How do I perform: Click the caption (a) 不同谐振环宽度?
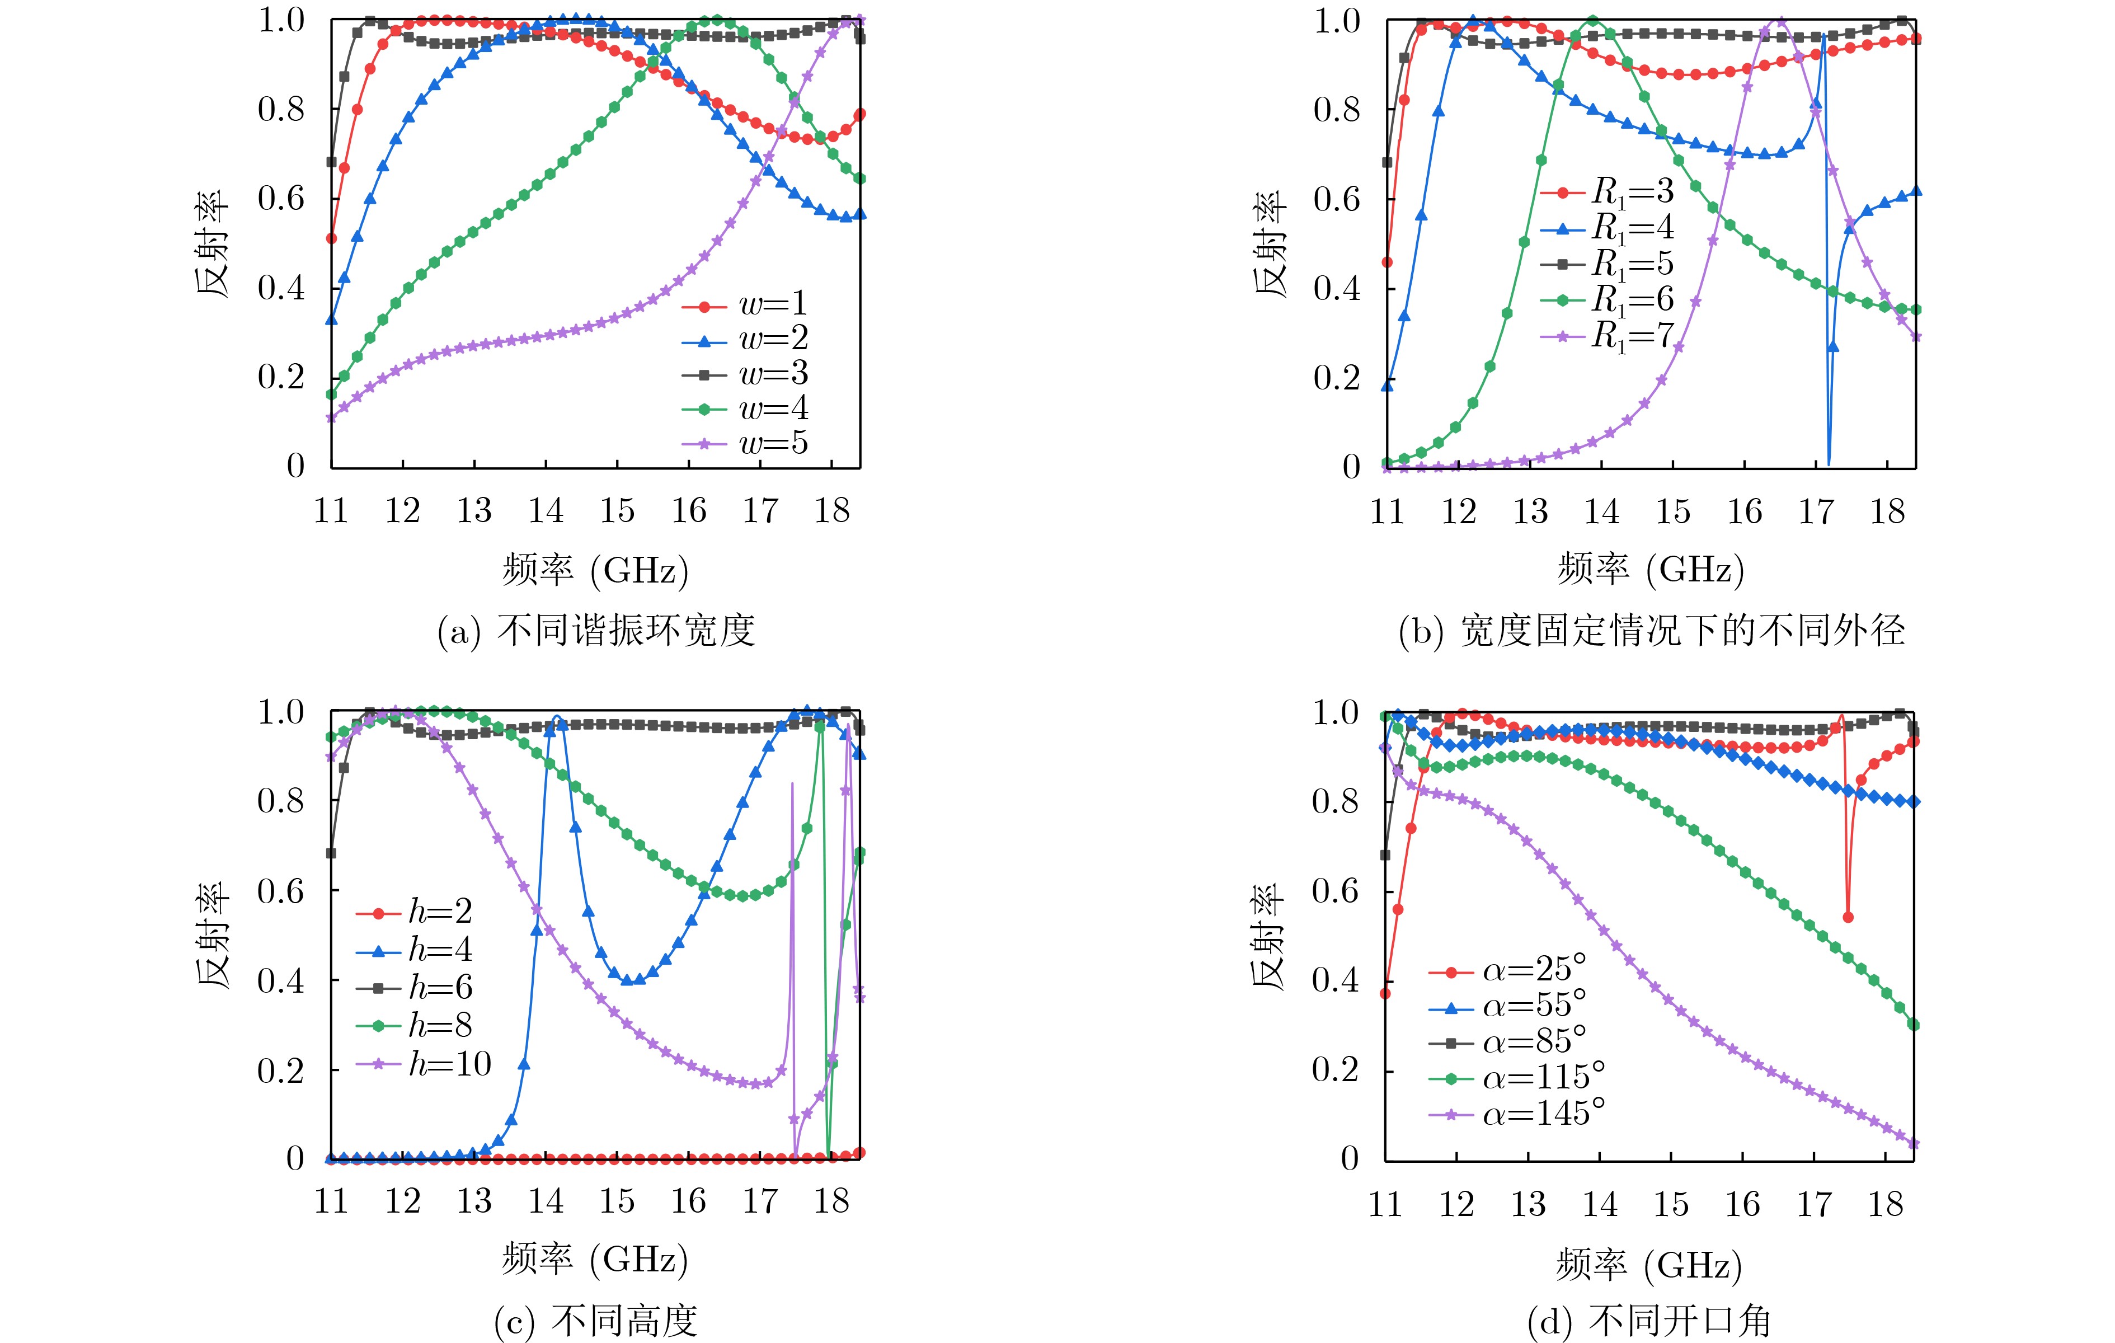(596, 631)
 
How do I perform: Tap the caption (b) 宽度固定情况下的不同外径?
(1651, 631)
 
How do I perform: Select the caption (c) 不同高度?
(596, 1319)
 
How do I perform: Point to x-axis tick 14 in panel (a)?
(546, 510)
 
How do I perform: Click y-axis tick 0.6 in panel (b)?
(1337, 199)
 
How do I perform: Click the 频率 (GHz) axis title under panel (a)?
(596, 570)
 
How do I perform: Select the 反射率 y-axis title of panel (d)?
(1267, 936)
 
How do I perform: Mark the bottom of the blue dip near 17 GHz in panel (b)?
(1829, 463)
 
